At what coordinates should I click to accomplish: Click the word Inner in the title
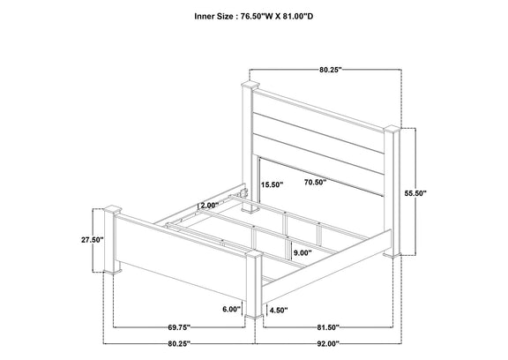[205, 16]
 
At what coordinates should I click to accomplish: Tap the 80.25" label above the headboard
[331, 70]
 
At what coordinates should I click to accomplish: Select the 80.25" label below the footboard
[179, 344]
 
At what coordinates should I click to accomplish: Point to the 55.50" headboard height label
[415, 193]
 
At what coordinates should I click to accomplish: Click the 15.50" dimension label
[273, 184]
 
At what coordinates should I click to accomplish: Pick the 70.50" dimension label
[315, 183]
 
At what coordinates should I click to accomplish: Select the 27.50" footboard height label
[93, 240]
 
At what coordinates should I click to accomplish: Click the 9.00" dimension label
[302, 252]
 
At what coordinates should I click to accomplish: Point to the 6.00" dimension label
[232, 309]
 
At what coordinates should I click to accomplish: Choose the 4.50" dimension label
[279, 310]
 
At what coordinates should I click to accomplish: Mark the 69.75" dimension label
[179, 327]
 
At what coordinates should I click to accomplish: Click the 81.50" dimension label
[328, 327]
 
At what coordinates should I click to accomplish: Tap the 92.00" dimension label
[328, 344]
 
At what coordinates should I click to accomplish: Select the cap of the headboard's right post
[392, 129]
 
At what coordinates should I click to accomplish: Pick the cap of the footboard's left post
[112, 209]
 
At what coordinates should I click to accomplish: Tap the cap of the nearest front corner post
[254, 255]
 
